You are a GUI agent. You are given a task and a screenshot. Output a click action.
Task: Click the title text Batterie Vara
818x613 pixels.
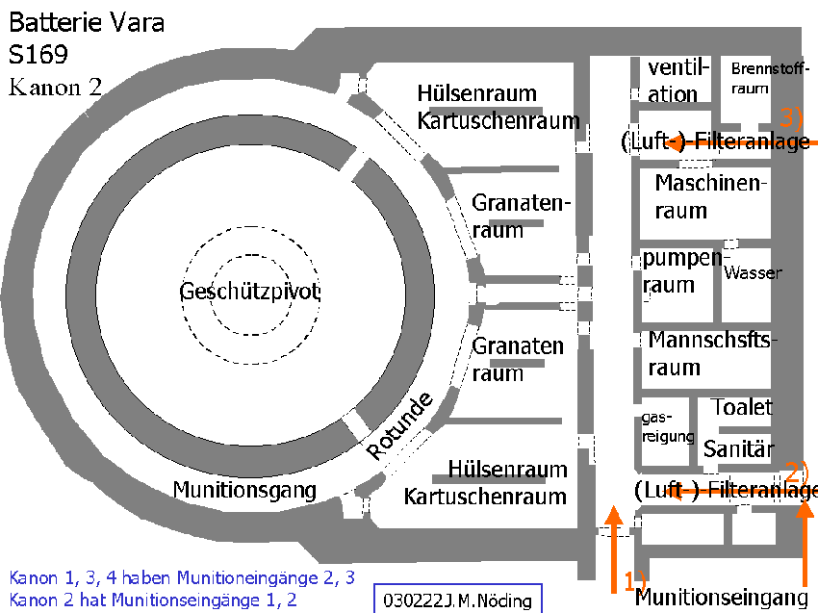(x=87, y=22)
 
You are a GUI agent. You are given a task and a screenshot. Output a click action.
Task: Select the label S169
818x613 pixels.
(x=38, y=54)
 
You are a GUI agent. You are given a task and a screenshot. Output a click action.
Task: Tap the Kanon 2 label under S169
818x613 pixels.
(x=55, y=88)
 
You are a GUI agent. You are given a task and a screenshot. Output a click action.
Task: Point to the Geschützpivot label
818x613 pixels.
(x=250, y=292)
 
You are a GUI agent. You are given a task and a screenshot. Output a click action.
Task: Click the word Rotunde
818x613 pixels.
(x=399, y=425)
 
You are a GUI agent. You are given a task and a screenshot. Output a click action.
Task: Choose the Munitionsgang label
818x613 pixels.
(x=244, y=490)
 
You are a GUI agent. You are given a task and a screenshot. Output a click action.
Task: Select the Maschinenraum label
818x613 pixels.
(x=711, y=196)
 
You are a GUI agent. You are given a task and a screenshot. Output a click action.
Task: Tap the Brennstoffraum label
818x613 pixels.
(x=770, y=78)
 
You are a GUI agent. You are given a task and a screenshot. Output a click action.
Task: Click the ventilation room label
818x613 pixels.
(x=678, y=80)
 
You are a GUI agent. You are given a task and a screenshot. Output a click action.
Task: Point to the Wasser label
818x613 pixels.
(x=753, y=272)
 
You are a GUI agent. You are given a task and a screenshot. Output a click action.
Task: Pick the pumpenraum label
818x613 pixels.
(x=682, y=271)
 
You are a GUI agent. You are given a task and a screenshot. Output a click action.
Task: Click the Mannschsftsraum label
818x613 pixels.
(x=712, y=354)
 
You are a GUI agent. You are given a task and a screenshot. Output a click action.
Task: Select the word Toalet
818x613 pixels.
(x=742, y=407)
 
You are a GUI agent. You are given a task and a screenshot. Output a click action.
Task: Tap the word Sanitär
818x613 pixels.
(x=738, y=448)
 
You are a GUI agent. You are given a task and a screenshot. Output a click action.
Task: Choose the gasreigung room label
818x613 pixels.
(x=668, y=427)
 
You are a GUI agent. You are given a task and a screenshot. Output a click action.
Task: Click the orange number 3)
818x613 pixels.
(x=791, y=116)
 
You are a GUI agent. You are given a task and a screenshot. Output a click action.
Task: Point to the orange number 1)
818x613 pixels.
(x=635, y=580)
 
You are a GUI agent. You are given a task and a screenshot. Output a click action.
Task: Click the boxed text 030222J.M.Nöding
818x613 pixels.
(x=457, y=600)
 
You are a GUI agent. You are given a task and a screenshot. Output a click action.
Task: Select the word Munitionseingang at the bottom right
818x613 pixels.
(x=722, y=597)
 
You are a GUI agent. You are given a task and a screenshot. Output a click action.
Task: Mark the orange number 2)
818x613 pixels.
(x=797, y=473)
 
